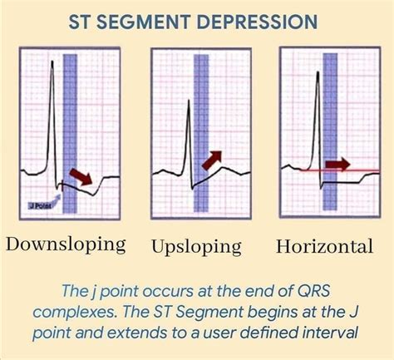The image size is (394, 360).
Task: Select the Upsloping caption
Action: click(x=196, y=246)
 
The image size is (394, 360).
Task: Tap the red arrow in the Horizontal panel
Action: click(x=337, y=165)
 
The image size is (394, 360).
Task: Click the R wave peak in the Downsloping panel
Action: click(x=52, y=61)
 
